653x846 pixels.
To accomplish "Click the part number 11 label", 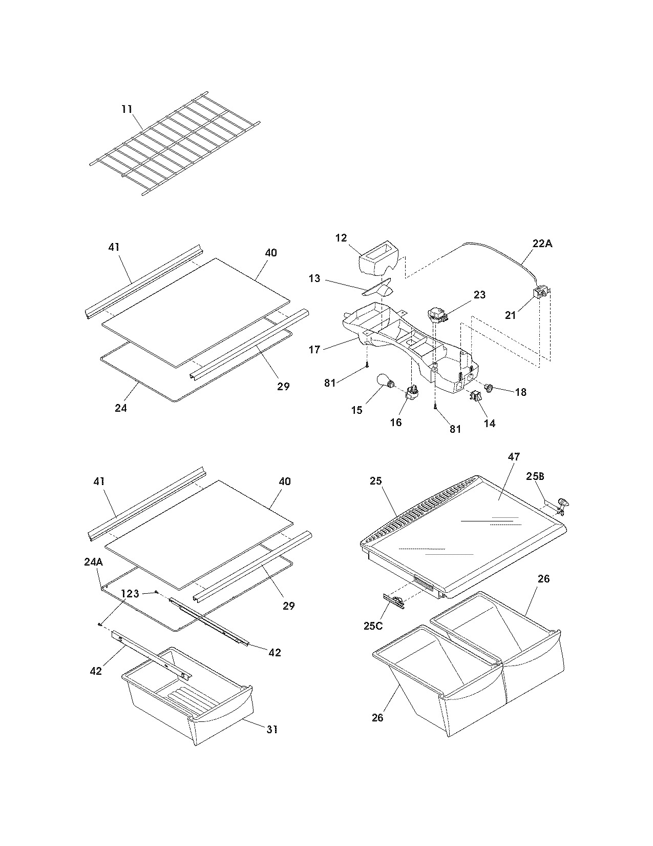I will point(127,109).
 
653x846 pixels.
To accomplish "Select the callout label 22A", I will point(542,244).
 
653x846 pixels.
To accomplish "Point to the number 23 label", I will point(479,295).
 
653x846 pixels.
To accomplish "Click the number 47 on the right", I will point(499,456).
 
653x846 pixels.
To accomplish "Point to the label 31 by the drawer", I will point(272,729).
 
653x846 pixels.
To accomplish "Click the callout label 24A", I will point(93,562).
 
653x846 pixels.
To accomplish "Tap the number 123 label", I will point(130,594).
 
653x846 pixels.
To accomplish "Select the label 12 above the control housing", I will point(342,238).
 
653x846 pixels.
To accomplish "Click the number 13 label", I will point(314,278).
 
